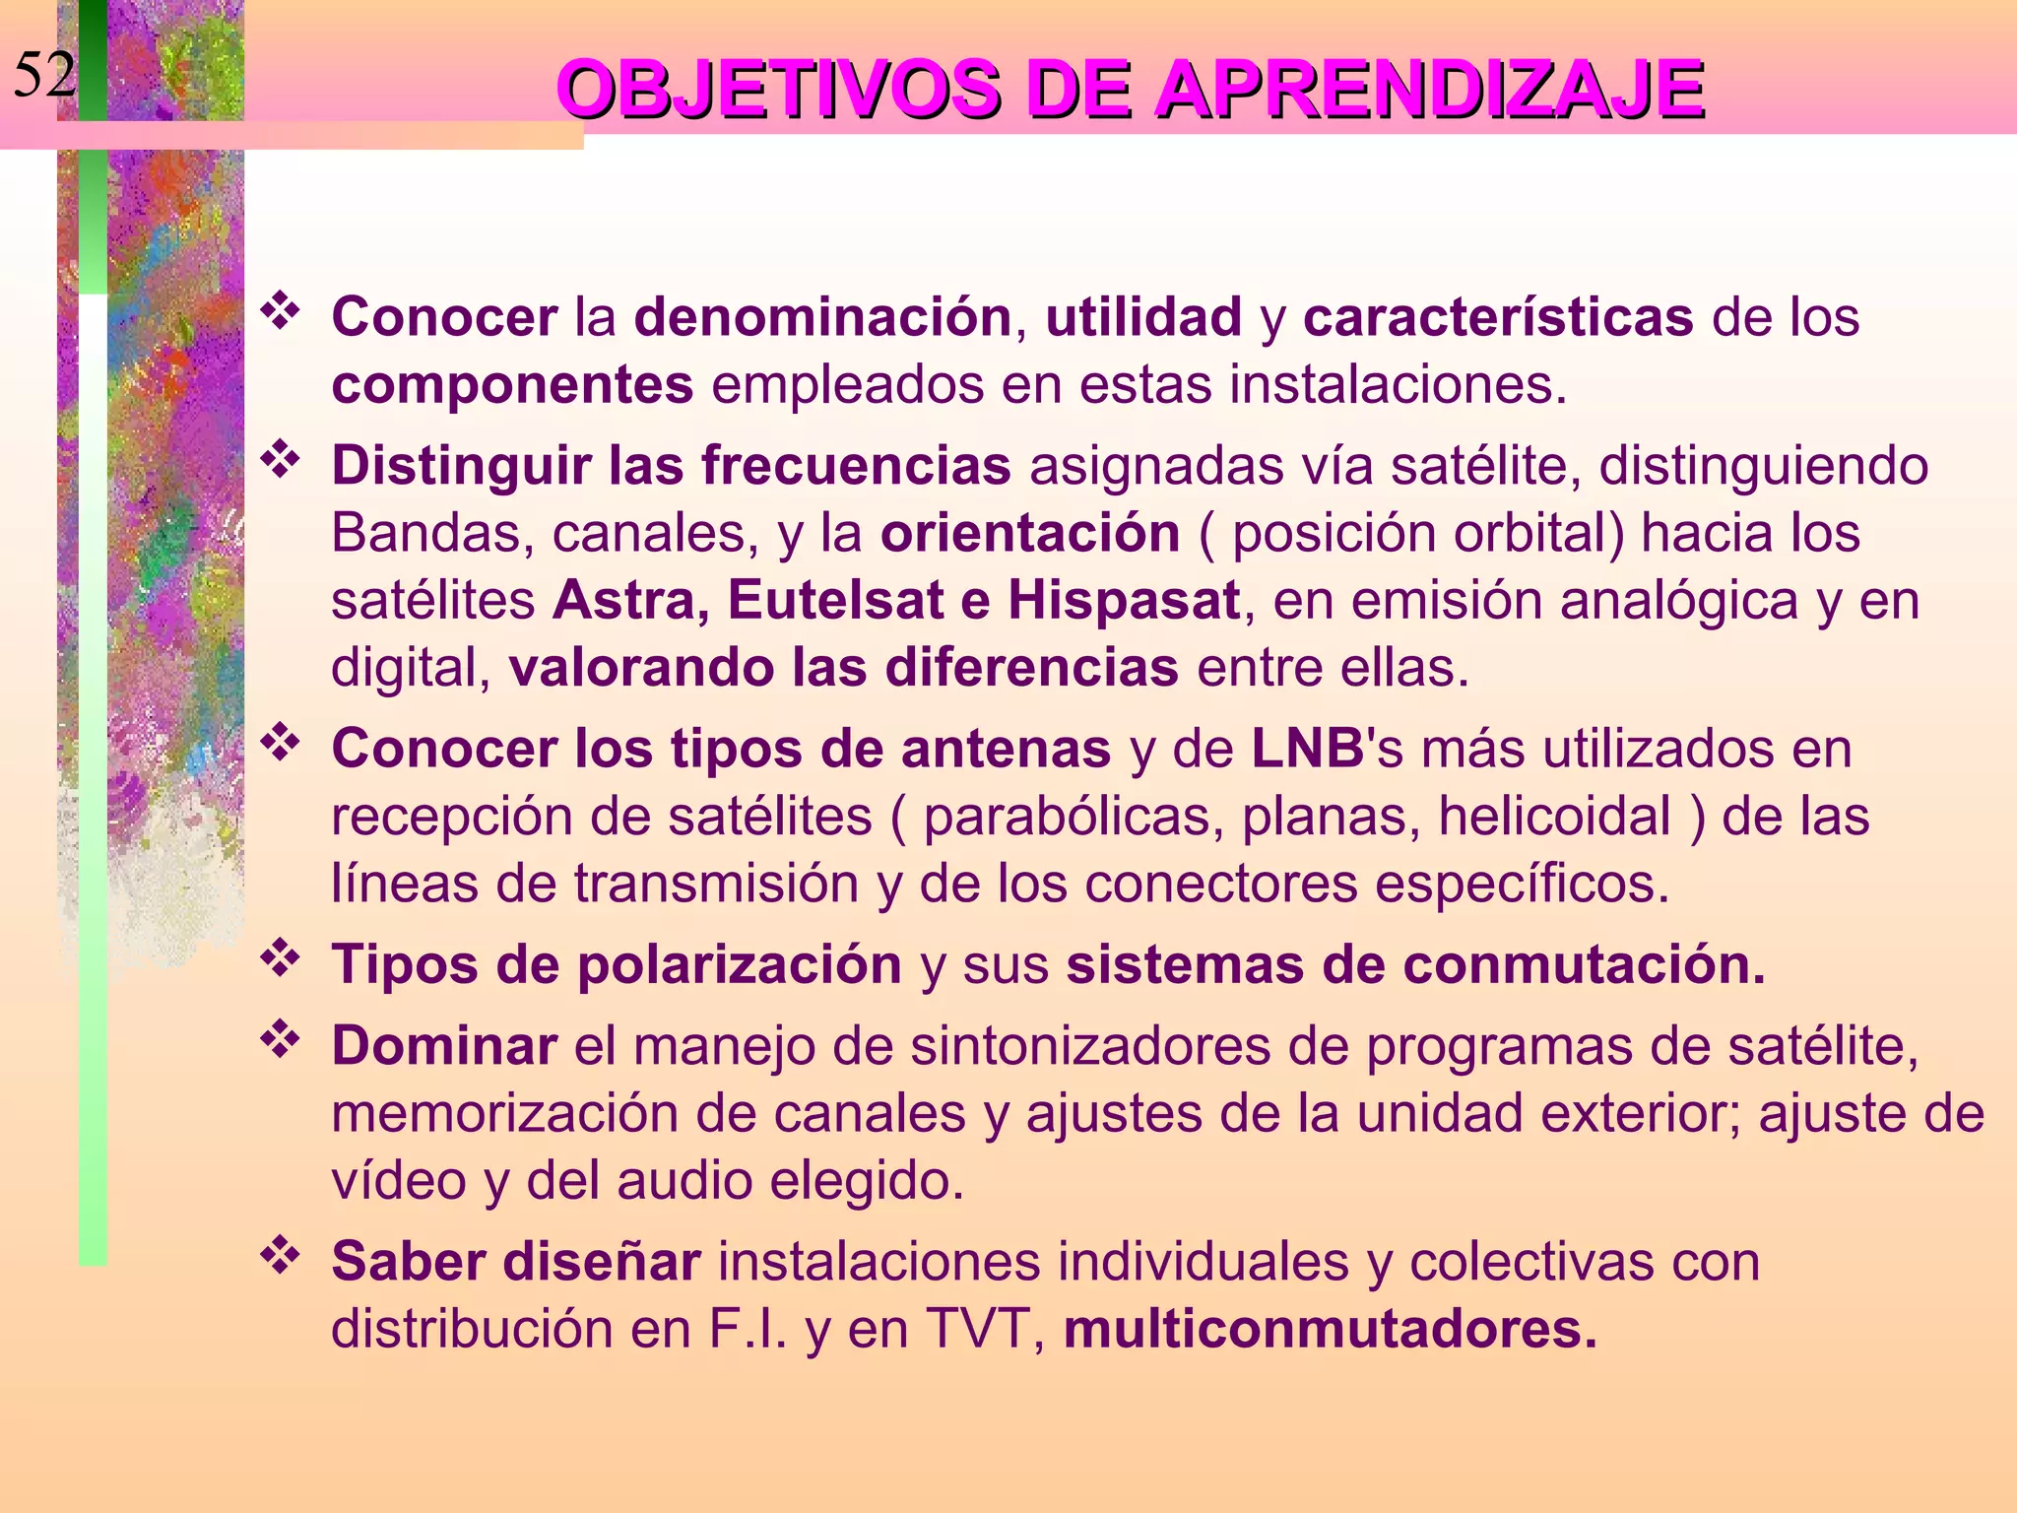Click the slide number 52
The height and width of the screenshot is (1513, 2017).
43,75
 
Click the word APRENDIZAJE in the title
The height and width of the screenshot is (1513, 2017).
1429,90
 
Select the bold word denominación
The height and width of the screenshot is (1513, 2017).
822,317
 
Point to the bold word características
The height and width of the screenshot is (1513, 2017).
1497,317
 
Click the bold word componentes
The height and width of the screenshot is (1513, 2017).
512,384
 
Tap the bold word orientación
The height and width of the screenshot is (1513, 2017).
1030,533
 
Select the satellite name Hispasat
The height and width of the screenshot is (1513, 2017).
1124,600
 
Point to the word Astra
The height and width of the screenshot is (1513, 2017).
624,600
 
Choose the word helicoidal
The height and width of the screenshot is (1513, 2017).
1554,816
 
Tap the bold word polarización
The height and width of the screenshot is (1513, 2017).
739,964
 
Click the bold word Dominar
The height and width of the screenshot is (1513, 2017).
444,1045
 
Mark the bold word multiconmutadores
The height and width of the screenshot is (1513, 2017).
1330,1329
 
